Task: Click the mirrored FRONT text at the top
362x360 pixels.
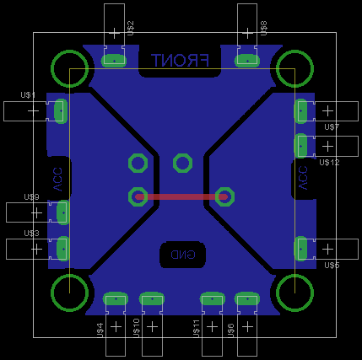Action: point(180,61)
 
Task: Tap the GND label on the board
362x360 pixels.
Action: point(182,254)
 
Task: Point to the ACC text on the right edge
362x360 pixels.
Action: point(303,180)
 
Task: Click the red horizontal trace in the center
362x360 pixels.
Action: point(181,196)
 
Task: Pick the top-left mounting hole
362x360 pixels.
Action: point(69,68)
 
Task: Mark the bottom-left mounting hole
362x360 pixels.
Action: point(69,292)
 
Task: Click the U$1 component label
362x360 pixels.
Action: point(29,95)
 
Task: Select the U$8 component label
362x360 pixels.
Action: point(263,29)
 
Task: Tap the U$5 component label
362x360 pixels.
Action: point(332,265)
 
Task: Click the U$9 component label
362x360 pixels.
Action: point(31,196)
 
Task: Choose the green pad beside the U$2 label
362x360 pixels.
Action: point(113,60)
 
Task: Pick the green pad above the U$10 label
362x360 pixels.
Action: point(151,298)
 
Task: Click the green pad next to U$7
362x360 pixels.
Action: point(300,110)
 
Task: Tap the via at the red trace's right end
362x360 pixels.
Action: point(224,196)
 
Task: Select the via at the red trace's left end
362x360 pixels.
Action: point(137,196)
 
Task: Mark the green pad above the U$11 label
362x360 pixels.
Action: point(211,298)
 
